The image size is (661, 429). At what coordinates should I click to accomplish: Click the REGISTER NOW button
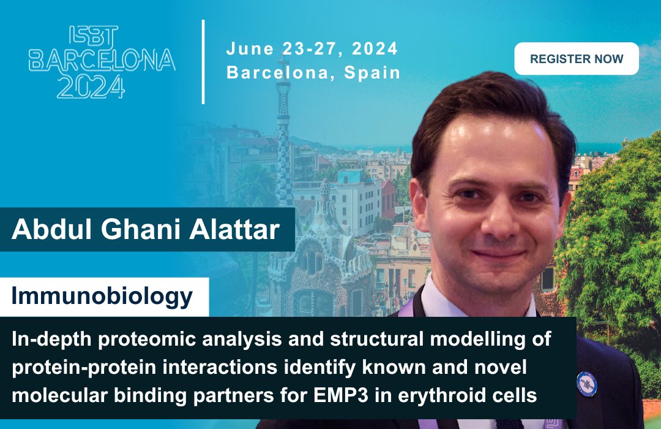[577, 59]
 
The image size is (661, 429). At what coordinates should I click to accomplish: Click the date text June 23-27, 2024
[312, 48]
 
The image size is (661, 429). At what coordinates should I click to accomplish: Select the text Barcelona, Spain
[313, 72]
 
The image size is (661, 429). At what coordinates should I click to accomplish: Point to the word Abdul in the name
[45, 230]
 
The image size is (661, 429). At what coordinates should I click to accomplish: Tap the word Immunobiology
[102, 297]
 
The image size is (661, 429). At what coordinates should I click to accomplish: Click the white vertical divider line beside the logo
[203, 61]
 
